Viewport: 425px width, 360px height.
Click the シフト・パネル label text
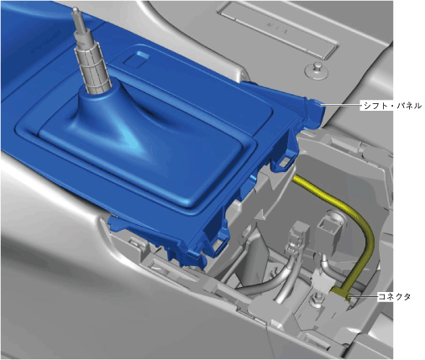392,106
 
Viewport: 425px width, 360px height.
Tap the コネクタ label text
394,296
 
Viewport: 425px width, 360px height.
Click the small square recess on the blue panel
136,58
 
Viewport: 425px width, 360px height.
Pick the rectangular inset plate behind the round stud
278,30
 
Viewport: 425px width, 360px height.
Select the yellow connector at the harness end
342,292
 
